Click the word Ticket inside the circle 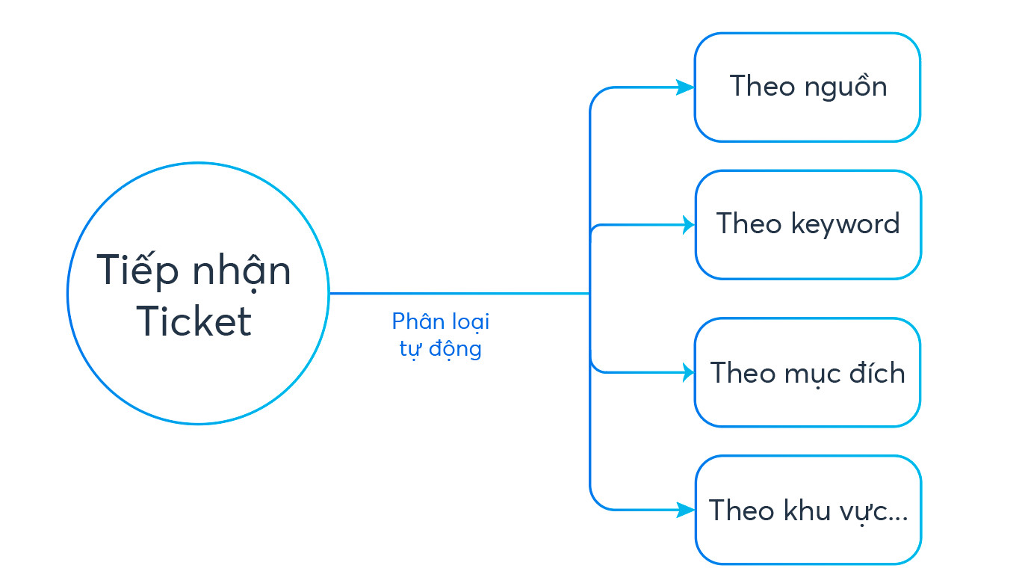[x=193, y=321]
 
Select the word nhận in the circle [x=241, y=272]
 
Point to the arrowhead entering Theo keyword [x=688, y=225]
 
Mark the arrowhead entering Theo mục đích [x=688, y=372]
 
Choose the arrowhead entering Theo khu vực [x=686, y=510]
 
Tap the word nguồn [x=846, y=86]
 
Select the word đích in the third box [x=877, y=371]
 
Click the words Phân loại [x=441, y=322]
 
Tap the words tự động [x=440, y=349]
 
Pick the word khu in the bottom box [x=807, y=510]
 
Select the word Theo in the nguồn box [x=762, y=86]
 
